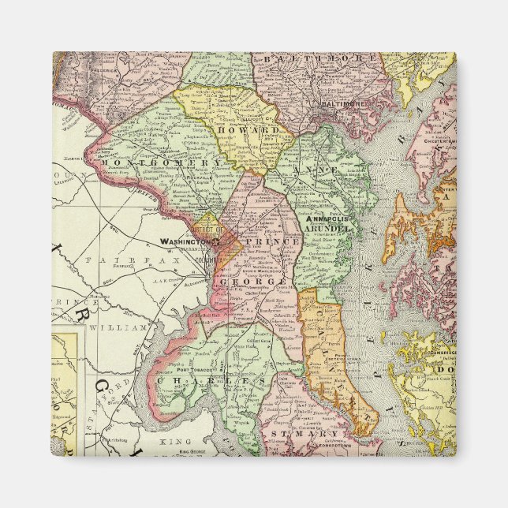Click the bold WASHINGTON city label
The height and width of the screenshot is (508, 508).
187,242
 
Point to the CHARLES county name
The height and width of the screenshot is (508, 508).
211,380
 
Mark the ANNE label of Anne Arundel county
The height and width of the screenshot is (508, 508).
307,169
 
